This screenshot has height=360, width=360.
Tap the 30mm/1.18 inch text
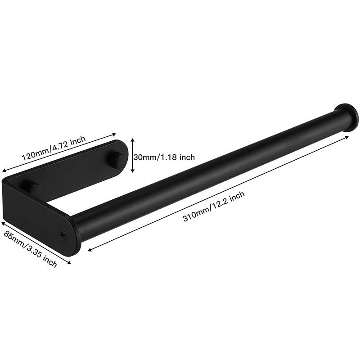[165, 157]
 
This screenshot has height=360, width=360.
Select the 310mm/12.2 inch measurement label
[214, 206]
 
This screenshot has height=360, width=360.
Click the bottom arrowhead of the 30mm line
[132, 172]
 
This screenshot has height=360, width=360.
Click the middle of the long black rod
[211, 173]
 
